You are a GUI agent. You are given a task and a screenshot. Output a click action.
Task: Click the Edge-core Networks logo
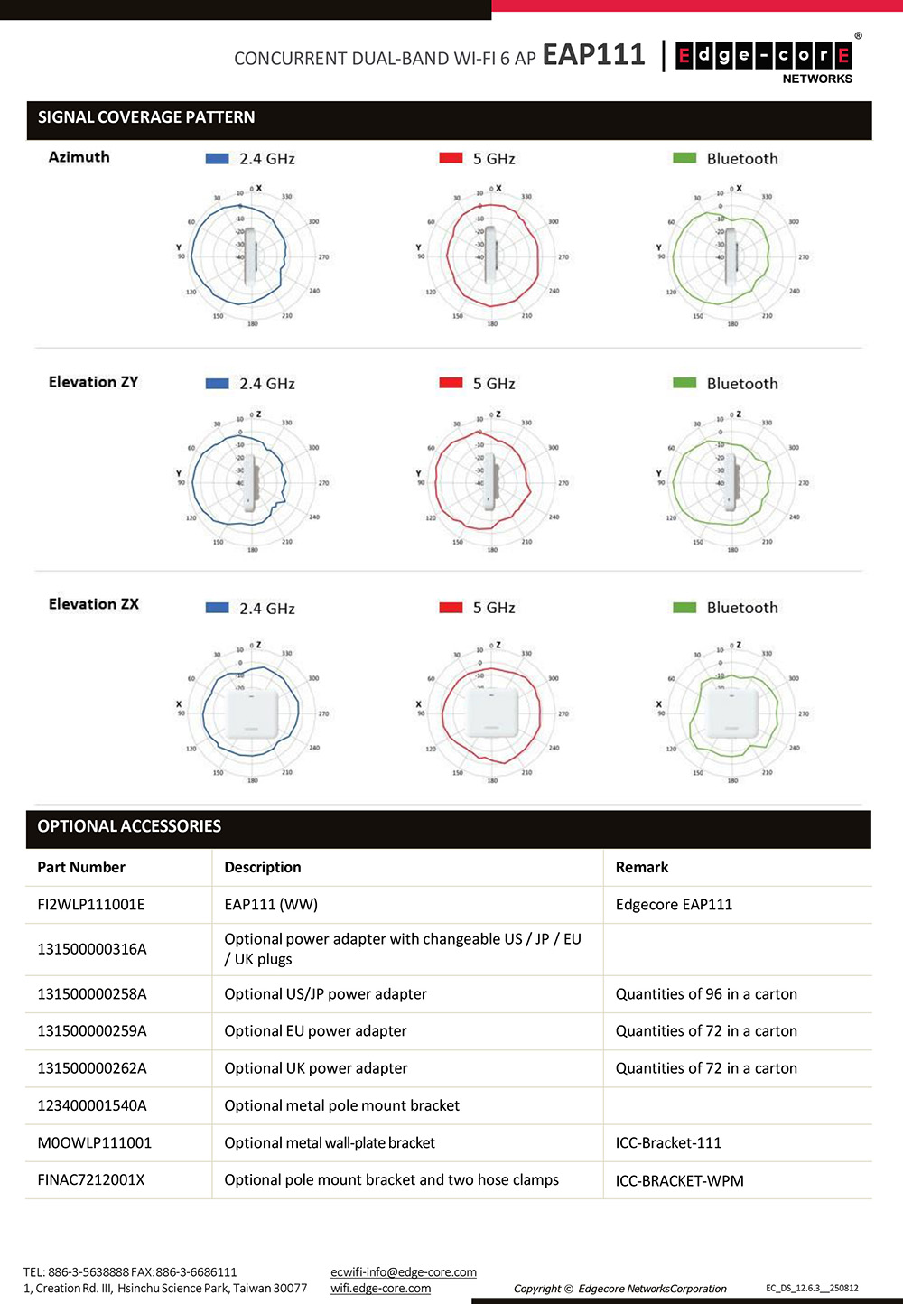coord(764,60)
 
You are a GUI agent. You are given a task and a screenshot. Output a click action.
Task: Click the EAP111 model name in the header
coord(593,55)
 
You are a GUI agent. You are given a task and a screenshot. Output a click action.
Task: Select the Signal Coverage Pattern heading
coord(146,117)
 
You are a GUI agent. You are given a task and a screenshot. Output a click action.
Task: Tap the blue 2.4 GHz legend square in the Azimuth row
coord(217,159)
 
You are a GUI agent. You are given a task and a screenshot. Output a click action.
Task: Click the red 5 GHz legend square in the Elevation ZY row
coord(451,383)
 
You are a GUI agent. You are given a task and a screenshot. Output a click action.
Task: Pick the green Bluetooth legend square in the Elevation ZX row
coord(684,608)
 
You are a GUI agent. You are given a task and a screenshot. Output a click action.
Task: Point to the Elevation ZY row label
coord(94,382)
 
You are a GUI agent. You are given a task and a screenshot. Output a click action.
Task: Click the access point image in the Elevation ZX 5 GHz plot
coord(492,713)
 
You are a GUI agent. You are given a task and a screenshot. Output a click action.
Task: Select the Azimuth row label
coord(79,157)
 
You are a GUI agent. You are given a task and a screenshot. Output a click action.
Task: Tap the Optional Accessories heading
coord(129,826)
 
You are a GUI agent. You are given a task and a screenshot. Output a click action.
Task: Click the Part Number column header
coord(81,867)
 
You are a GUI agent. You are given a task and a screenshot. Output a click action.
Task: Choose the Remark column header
coord(642,867)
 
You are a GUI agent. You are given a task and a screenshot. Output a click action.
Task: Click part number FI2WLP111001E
coord(91,905)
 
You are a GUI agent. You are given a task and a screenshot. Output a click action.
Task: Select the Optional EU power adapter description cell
coord(315,1031)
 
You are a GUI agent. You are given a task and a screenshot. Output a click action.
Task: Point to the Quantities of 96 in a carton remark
coord(706,994)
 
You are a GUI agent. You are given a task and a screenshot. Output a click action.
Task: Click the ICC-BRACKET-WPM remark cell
coord(680,1180)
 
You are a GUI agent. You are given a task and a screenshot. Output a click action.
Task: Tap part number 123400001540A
coord(92,1105)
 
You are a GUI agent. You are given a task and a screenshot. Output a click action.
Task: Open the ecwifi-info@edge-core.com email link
coord(404,1272)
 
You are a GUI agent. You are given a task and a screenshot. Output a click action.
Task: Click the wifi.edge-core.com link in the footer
coord(380,1289)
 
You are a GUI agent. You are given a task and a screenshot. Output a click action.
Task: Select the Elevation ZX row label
coord(94,604)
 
